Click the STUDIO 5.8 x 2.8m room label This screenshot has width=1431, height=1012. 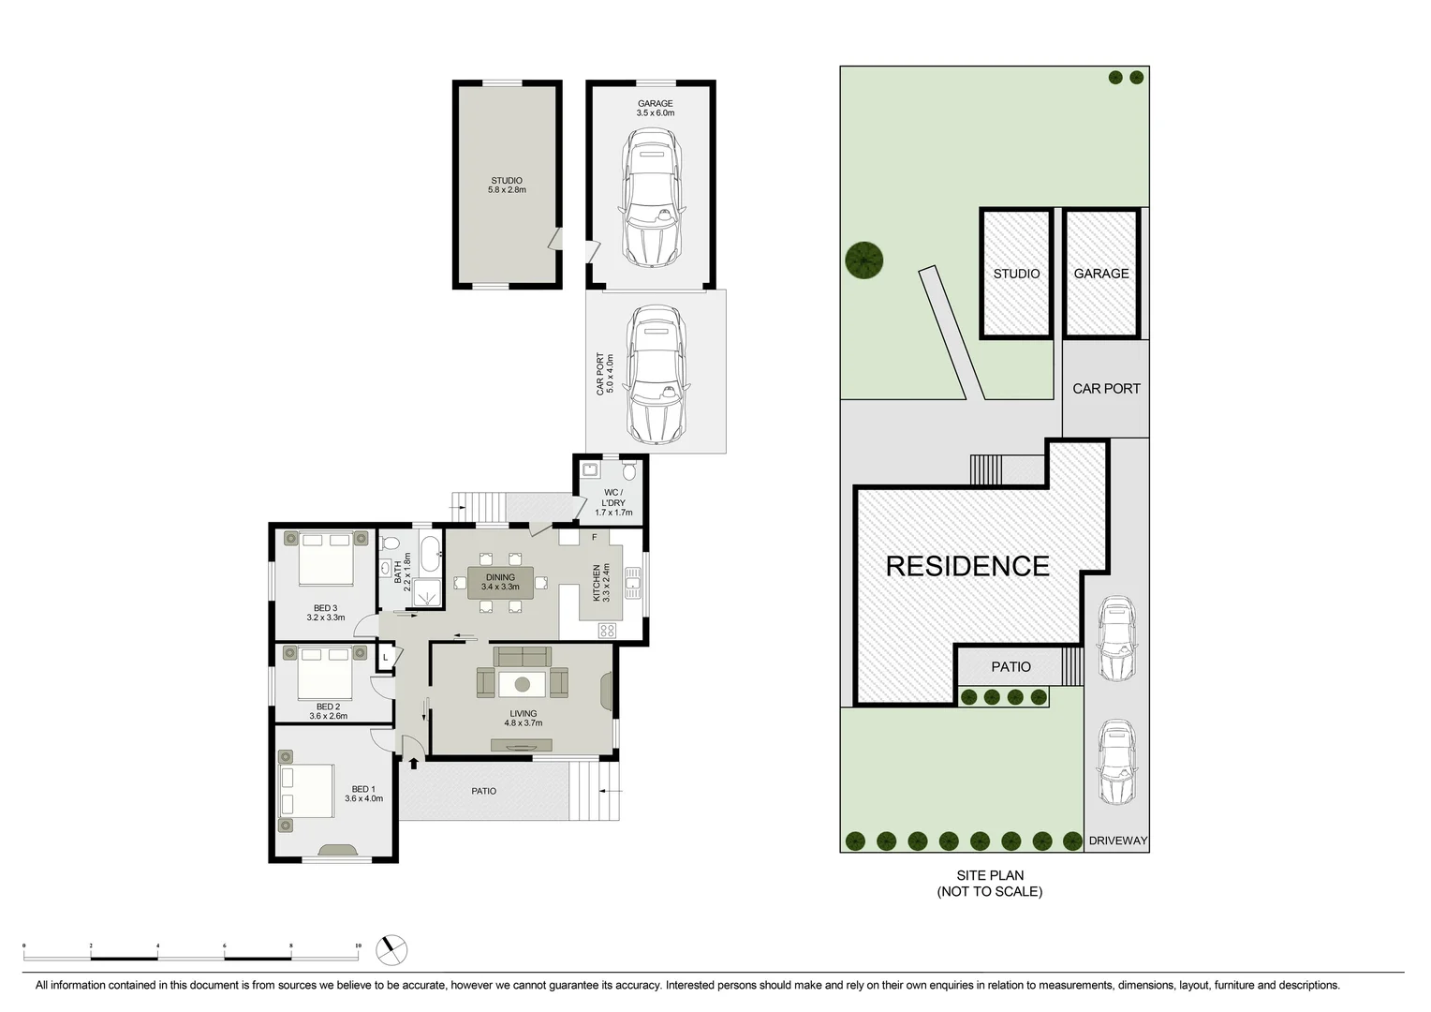(x=507, y=186)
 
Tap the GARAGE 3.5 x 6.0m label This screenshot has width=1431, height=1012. (x=655, y=108)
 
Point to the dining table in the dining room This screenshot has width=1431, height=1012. (x=500, y=583)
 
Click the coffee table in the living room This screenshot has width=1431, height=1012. (x=522, y=683)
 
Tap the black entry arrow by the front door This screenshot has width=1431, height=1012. (x=413, y=763)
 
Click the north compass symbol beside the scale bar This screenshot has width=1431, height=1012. (x=391, y=949)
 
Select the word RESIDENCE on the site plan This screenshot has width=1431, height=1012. (x=966, y=566)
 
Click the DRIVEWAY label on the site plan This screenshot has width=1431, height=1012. (x=1117, y=841)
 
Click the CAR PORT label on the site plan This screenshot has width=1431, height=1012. (x=1106, y=388)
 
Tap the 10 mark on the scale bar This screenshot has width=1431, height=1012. (x=358, y=946)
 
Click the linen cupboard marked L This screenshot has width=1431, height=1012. (x=385, y=659)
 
